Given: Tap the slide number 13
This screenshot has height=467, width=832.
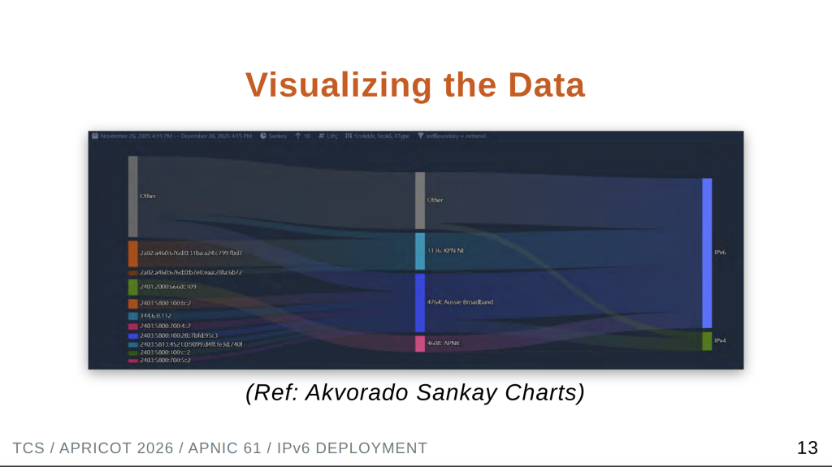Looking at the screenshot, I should (807, 448).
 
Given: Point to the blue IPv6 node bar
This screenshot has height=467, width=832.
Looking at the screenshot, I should (707, 253).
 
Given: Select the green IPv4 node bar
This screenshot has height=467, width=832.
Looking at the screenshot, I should (707, 341).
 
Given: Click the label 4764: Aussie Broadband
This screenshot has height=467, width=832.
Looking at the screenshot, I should (460, 302).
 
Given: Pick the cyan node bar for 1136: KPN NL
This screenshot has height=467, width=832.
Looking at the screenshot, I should (420, 252).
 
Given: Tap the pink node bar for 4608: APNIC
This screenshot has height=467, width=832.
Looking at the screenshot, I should (420, 344).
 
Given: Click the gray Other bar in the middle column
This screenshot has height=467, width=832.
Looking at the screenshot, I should (420, 200).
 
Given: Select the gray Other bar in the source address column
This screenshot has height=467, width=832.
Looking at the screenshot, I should (133, 197).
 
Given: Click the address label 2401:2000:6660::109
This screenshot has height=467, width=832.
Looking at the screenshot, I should (167, 287).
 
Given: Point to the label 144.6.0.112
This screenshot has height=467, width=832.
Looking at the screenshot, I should (156, 316).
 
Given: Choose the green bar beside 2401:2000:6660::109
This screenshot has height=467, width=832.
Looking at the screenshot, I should (133, 287).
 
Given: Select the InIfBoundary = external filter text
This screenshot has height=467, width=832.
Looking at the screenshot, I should (456, 136).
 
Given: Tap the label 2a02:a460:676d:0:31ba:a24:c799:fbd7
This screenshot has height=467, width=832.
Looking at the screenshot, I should (191, 253).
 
